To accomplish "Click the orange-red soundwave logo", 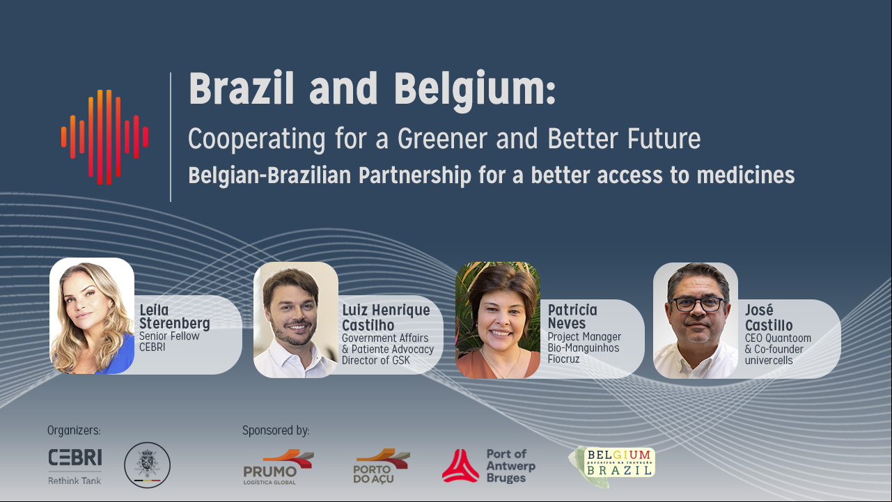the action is click(x=105, y=137).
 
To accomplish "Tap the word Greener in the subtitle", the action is click(x=442, y=139).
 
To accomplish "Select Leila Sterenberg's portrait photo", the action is click(x=92, y=315).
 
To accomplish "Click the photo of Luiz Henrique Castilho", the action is click(x=296, y=320).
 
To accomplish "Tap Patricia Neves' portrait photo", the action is click(x=498, y=320).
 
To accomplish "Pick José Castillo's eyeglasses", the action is click(x=697, y=304).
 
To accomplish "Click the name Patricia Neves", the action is click(x=572, y=317).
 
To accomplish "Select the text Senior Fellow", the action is click(x=169, y=336).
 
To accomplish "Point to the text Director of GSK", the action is click(x=375, y=360).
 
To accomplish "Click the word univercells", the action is click(x=769, y=360).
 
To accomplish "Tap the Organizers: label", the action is click(x=74, y=430).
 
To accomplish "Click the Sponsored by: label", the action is click(x=276, y=430).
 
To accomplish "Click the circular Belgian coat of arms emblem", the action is click(x=148, y=465).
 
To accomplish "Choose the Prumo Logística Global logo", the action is click(x=279, y=467).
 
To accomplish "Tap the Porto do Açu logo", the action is click(x=382, y=466).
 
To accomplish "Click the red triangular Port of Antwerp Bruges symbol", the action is click(x=460, y=466).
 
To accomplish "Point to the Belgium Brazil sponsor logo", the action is click(x=612, y=466).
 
